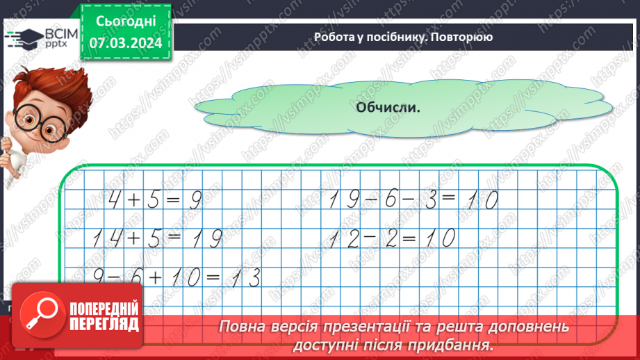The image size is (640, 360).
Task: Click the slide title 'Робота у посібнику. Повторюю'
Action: coord(403,37)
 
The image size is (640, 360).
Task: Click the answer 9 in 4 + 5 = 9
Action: coord(195,202)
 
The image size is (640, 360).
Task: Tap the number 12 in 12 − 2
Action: coord(345,239)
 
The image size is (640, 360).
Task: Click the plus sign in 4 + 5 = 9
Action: coord(133,202)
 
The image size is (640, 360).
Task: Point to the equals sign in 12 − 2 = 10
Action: coord(409,239)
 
